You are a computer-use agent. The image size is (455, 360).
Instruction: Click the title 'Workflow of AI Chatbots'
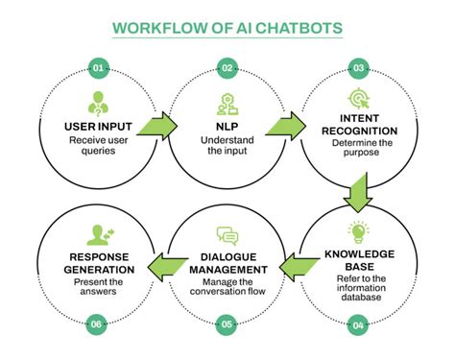pos(227,26)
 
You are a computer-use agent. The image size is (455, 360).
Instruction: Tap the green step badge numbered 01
pos(97,68)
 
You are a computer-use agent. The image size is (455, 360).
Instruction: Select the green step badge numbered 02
pos(227,68)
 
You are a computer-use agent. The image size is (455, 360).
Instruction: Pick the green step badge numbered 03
pos(357,68)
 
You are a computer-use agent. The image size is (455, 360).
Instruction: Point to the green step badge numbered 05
pos(227,325)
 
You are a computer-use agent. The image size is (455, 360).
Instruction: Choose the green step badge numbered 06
pos(97,325)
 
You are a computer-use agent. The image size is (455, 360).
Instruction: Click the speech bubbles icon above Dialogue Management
pos(227,235)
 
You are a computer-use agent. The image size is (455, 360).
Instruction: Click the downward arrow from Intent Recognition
pos(356,191)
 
